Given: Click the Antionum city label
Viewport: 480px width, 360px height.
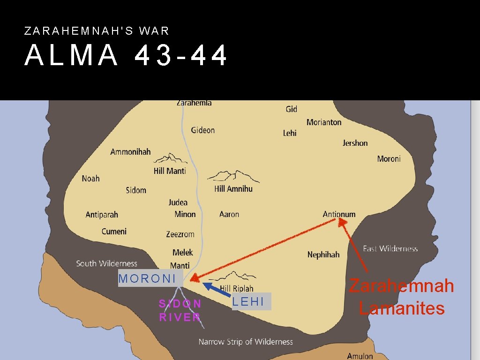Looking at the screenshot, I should click(x=339, y=214).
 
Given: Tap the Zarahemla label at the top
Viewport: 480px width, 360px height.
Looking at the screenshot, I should click(x=194, y=103).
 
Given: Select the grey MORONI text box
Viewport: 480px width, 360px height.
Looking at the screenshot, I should click(x=148, y=278).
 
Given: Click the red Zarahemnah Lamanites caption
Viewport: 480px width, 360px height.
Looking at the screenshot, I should click(x=402, y=297).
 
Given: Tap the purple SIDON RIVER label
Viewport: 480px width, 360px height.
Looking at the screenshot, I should click(x=180, y=310).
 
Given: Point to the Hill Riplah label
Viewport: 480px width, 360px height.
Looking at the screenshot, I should click(x=236, y=289).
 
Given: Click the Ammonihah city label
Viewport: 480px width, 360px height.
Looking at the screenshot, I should click(x=130, y=151).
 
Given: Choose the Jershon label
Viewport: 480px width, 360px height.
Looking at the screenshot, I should click(x=355, y=143).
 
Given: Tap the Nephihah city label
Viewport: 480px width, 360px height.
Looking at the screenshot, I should click(x=323, y=255).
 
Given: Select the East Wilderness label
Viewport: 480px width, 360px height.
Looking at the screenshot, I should click(x=390, y=248).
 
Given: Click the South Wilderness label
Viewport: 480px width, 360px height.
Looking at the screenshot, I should click(x=106, y=263).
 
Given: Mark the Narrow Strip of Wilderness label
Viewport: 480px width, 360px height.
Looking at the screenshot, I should click(x=245, y=342).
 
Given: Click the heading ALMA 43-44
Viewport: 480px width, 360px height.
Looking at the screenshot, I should click(x=126, y=56).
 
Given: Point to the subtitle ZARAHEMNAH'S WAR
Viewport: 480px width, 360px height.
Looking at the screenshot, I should click(x=97, y=31).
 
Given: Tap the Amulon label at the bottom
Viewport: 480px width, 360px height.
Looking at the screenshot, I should click(x=360, y=356).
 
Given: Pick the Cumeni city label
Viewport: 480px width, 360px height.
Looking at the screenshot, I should click(x=114, y=232).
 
